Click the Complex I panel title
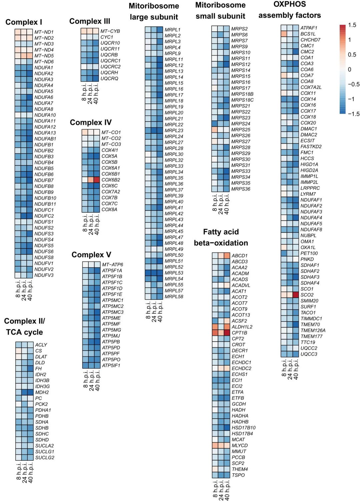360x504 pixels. pyautogui.click(x=24, y=22)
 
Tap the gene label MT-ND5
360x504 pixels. pyautogui.click(x=44, y=56)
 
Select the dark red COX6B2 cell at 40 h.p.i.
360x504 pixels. pyautogui.click(x=97, y=180)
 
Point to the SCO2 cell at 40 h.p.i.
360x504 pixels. pyautogui.click(x=296, y=295)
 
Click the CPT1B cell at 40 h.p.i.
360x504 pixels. pyautogui.click(x=227, y=333)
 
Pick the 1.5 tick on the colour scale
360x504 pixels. pyautogui.click(x=352, y=25)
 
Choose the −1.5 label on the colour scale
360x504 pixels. pyautogui.click(x=353, y=114)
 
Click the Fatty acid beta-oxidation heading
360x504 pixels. pyautogui.click(x=221, y=237)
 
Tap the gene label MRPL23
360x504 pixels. pyautogui.click(x=174, y=130)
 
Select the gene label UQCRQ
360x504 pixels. pyautogui.click(x=109, y=79)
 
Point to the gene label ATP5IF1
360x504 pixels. pyautogui.click(x=111, y=366)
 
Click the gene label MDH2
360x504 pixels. pyautogui.click(x=42, y=393)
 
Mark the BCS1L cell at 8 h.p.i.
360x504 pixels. pyautogui.click(x=284, y=34)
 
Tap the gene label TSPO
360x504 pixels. pyautogui.click(x=238, y=475)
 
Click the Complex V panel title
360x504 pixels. pyautogui.click(x=91, y=255)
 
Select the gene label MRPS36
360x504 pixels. pyautogui.click(x=241, y=189)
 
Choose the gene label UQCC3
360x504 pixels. pyautogui.click(x=309, y=354)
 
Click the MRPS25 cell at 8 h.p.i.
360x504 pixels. pyautogui.click(x=215, y=130)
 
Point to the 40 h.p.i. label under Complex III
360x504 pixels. pyautogui.click(x=96, y=94)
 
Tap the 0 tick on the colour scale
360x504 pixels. pyautogui.click(x=350, y=70)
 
